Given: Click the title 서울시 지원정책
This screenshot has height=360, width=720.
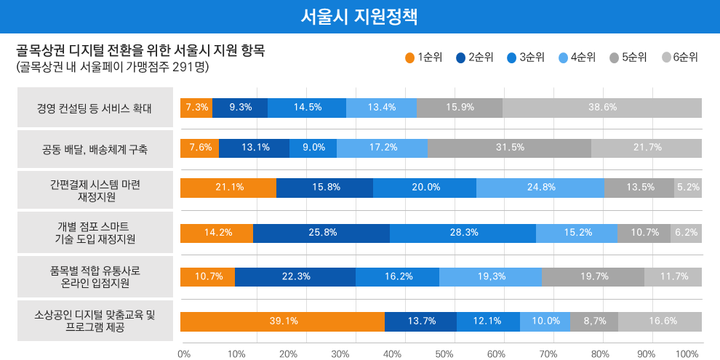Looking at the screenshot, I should click(359, 16).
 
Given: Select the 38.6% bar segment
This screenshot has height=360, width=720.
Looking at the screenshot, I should click(602, 107).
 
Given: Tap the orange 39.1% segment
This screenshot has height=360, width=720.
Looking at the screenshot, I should click(282, 321).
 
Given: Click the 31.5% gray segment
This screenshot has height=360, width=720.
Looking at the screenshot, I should click(509, 148).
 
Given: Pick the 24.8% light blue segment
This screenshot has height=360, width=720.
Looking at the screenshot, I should click(540, 187).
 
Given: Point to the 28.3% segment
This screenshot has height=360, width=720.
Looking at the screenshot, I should click(463, 233).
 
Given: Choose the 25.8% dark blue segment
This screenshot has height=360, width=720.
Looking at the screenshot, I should click(321, 233).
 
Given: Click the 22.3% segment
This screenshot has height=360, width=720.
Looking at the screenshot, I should click(295, 276).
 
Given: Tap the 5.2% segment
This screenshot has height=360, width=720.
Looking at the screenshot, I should click(688, 187).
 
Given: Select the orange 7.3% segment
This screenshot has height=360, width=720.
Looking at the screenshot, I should click(196, 107).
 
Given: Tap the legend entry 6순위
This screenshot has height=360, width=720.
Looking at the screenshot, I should click(680, 57).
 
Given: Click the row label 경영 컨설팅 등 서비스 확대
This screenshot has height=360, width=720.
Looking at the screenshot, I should click(95, 108).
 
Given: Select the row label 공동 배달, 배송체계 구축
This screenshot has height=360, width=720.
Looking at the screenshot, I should click(95, 150).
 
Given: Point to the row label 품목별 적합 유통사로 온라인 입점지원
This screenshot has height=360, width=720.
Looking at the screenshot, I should click(95, 276).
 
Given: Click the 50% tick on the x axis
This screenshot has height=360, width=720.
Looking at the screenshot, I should click(444, 354).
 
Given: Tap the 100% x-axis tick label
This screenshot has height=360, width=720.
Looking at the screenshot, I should click(687, 354).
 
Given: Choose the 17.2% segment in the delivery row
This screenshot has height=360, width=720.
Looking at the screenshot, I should click(382, 148).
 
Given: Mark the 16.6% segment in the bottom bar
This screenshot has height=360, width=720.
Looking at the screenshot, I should click(660, 321).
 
